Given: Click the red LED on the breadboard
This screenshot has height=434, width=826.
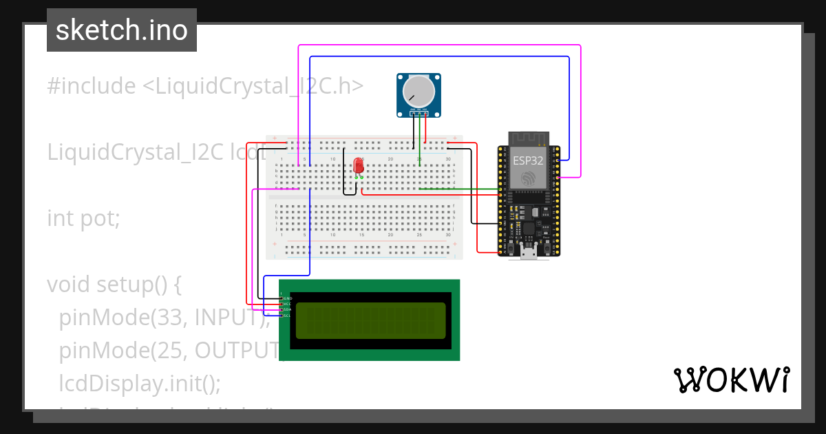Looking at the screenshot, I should (x=358, y=166).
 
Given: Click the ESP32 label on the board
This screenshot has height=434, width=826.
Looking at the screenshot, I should (x=529, y=161).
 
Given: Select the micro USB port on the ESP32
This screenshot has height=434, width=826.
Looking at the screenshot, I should (x=529, y=253).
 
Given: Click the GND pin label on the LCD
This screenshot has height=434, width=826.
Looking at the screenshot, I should (x=288, y=298).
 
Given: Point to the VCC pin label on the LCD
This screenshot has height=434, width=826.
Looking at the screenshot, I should (x=288, y=304).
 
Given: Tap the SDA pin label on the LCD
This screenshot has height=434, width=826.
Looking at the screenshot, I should (x=288, y=310).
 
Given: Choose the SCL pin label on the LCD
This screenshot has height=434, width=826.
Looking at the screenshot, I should (x=288, y=316).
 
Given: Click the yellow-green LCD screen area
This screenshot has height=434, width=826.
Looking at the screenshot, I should (x=370, y=320).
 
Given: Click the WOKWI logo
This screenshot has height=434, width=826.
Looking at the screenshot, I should (x=731, y=380).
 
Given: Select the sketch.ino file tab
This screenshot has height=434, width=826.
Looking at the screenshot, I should (x=122, y=30).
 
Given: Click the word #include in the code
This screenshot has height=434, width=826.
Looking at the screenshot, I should (x=92, y=86).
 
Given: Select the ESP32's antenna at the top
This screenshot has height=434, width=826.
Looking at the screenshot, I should (x=529, y=138).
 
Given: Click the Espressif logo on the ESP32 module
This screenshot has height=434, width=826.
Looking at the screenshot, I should (x=529, y=178).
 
